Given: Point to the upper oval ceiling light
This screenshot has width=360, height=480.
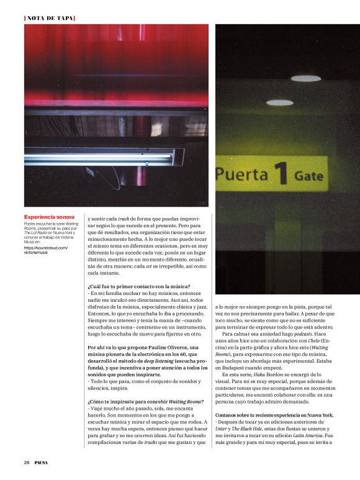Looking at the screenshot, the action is pos(306,79).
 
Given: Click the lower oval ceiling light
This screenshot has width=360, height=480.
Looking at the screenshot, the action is pos(279,102).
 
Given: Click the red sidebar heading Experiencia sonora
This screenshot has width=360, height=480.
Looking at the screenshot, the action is pos(48,217).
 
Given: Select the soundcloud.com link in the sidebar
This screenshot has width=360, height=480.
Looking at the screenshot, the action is pos(46,248).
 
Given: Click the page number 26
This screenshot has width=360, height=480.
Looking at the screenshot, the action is pos(27,462).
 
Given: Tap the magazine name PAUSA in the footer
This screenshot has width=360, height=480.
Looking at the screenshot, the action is pos(42,462).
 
